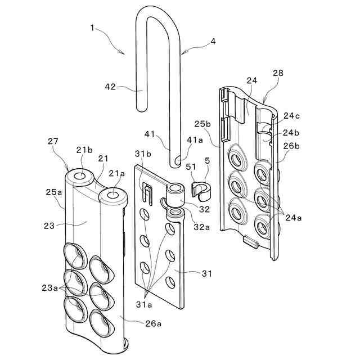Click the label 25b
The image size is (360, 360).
(x=203, y=124)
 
